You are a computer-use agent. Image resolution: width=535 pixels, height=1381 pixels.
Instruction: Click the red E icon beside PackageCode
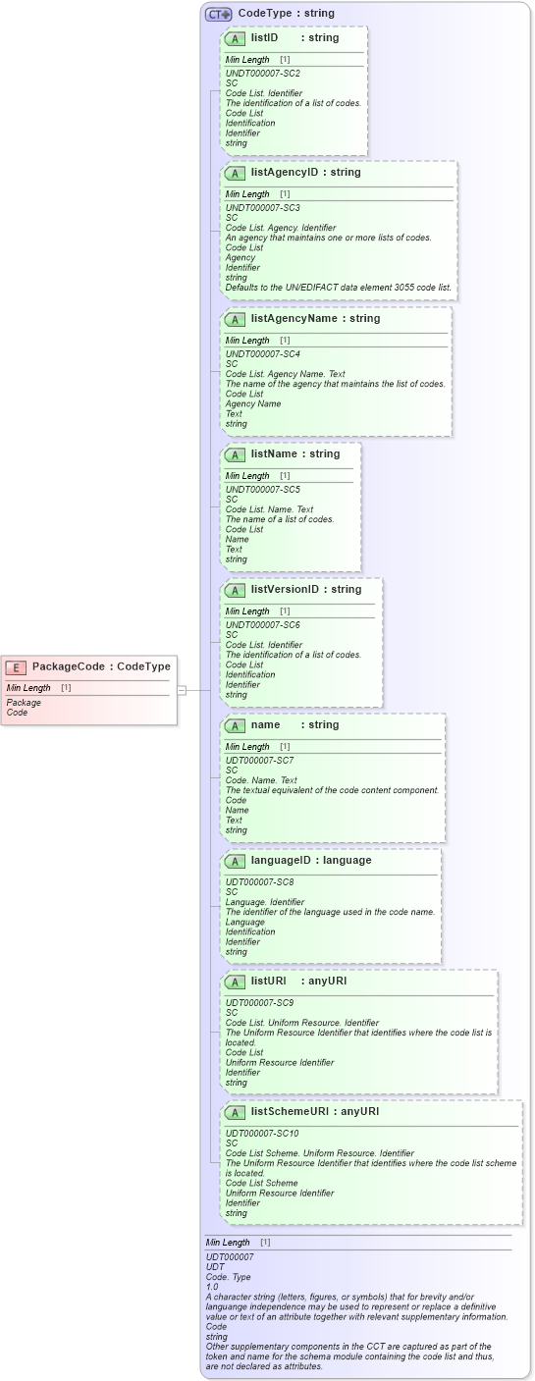(x=16, y=667)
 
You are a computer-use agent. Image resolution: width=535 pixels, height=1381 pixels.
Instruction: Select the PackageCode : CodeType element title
(x=101, y=667)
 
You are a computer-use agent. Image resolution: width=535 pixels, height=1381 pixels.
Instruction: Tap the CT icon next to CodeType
(x=218, y=14)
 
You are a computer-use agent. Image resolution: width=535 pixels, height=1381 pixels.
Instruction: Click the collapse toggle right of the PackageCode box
(x=182, y=690)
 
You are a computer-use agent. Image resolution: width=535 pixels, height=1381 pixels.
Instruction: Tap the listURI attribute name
(x=268, y=982)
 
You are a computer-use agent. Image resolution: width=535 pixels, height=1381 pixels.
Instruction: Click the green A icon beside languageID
(x=235, y=861)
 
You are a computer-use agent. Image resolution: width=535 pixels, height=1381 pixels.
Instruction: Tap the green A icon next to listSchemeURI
(x=235, y=1112)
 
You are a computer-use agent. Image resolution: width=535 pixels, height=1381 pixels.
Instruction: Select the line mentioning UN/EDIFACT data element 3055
(x=338, y=288)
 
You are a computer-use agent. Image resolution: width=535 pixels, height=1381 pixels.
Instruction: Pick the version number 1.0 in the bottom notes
(x=212, y=1287)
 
